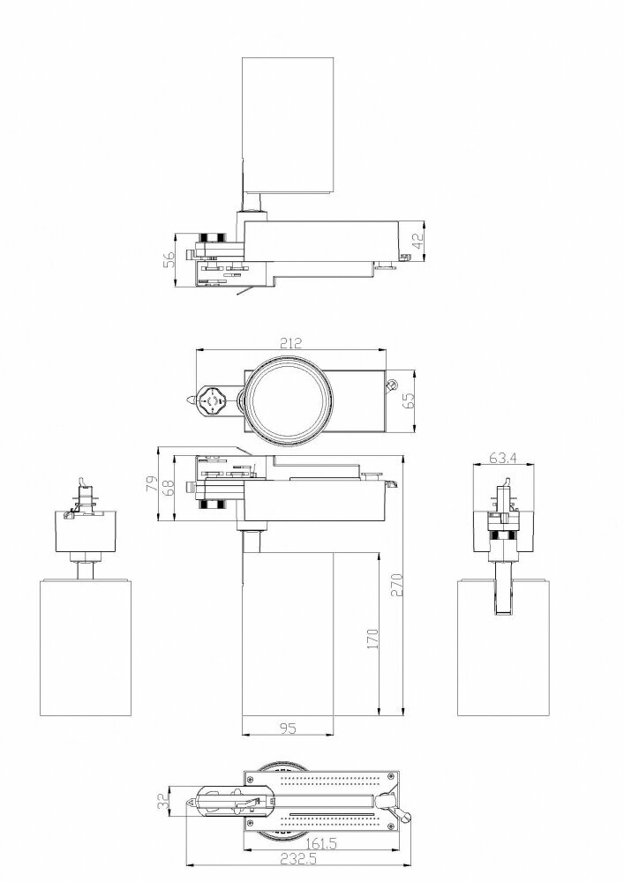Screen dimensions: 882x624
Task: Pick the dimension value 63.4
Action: [x=501, y=459]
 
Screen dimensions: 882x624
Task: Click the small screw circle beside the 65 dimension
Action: [x=391, y=384]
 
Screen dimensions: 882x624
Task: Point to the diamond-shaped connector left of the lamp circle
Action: [x=212, y=403]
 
